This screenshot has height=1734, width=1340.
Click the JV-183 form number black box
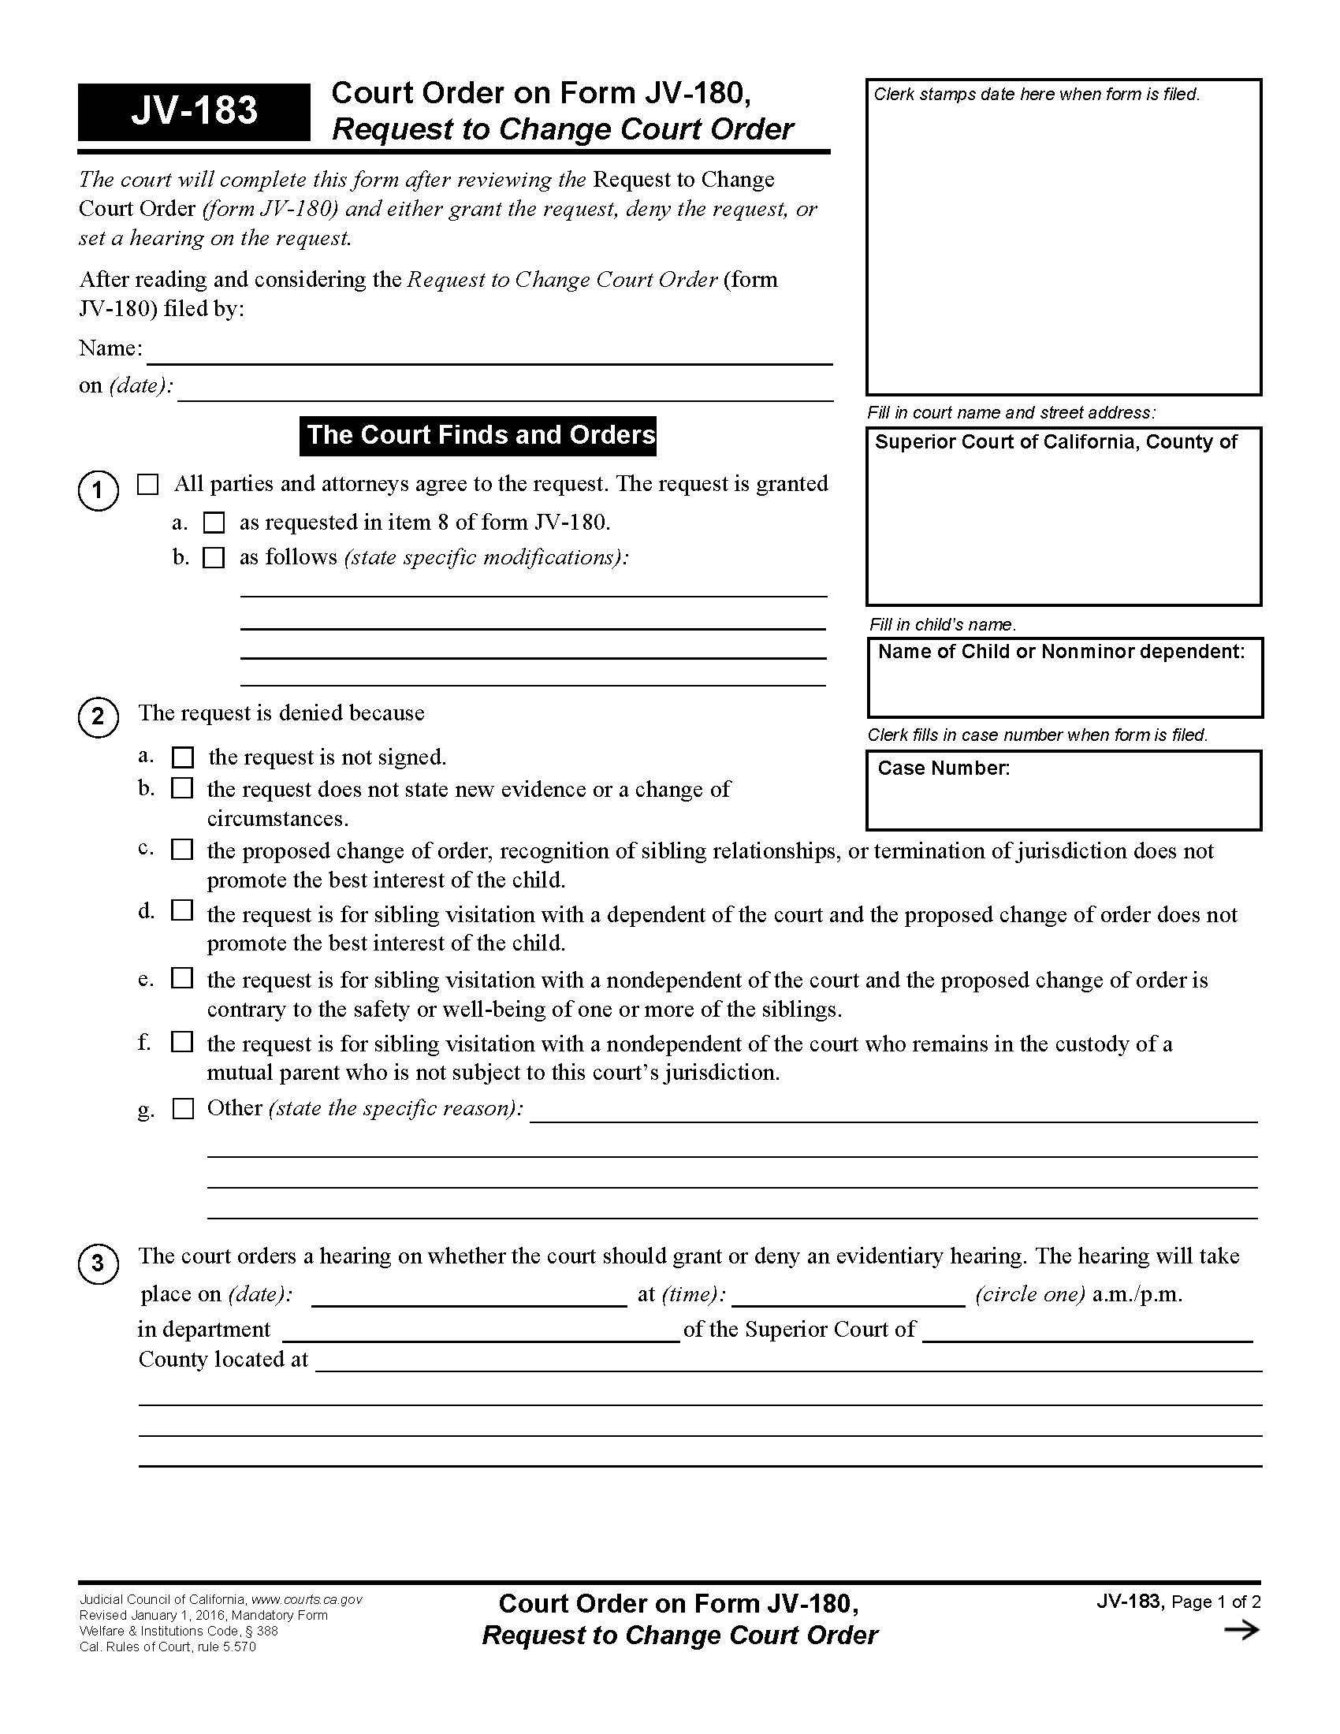pyautogui.click(x=194, y=111)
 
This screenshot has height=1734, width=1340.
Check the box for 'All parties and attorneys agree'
pyautogui.click(x=147, y=484)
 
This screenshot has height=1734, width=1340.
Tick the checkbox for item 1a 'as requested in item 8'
pyautogui.click(x=214, y=523)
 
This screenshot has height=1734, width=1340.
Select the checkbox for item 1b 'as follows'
pyautogui.click(x=214, y=557)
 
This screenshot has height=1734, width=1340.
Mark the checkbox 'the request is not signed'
pyautogui.click(x=183, y=757)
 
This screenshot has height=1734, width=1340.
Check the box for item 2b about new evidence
pyautogui.click(x=183, y=788)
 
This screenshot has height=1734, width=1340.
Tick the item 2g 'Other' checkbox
pyautogui.click(x=183, y=1108)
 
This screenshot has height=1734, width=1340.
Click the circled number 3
pyautogui.click(x=98, y=1263)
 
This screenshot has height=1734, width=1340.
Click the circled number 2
pyautogui.click(x=98, y=717)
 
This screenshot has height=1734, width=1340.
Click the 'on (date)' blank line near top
pyautogui.click(x=504, y=390)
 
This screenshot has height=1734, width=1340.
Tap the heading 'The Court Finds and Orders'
pyautogui.click(x=478, y=435)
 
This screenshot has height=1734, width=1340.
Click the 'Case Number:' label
pyautogui.click(x=943, y=768)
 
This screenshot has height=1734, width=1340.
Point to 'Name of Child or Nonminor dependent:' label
pyautogui.click(x=1060, y=652)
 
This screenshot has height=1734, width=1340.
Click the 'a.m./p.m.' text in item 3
pyautogui.click(x=1137, y=1295)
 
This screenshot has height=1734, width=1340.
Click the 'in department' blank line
pyautogui.click(x=480, y=1330)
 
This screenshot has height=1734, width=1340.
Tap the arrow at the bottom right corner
pyautogui.click(x=1241, y=1630)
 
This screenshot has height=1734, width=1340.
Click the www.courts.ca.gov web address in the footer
pyautogui.click(x=307, y=1600)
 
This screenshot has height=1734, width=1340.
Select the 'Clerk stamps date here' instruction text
pyautogui.click(x=1036, y=95)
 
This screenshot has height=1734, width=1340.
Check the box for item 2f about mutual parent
pyautogui.click(x=183, y=1042)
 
